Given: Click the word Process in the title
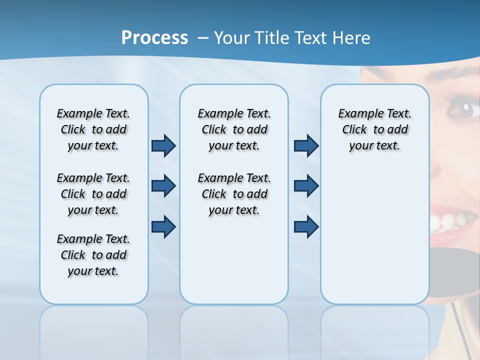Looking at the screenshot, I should coord(154,38).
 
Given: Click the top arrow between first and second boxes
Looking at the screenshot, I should coord(163,146).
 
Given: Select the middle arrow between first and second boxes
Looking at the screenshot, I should coord(163,186).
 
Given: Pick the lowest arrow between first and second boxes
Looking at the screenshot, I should coord(163,226).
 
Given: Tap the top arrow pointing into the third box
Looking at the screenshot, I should coord(306,146).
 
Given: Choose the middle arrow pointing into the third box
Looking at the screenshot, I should coord(306,186).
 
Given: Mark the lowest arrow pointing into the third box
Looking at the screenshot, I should coord(306,226).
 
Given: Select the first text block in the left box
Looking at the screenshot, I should coord(93,129).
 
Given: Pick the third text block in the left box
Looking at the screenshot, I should coord(93,255).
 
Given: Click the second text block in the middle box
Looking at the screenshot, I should coord(234,194).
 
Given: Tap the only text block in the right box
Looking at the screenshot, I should coord(374,129).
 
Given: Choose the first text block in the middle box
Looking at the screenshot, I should coord(234,129).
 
